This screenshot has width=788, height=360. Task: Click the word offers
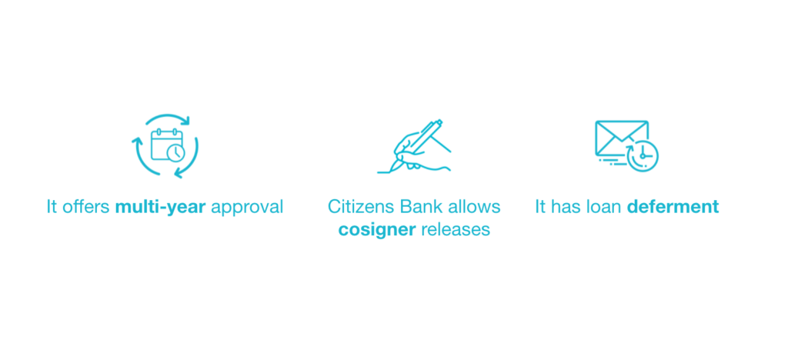86,207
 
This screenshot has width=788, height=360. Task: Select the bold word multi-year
160,207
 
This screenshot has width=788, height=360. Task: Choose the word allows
476,207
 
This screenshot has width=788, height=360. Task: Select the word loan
604,207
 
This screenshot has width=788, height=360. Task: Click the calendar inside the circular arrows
166,145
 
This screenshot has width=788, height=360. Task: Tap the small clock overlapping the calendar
176,152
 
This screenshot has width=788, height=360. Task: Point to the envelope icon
622,138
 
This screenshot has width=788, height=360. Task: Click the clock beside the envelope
643,155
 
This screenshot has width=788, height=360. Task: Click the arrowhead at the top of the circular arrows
186,121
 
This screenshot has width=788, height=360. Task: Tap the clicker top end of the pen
439,122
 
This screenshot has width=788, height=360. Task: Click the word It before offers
52,207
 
